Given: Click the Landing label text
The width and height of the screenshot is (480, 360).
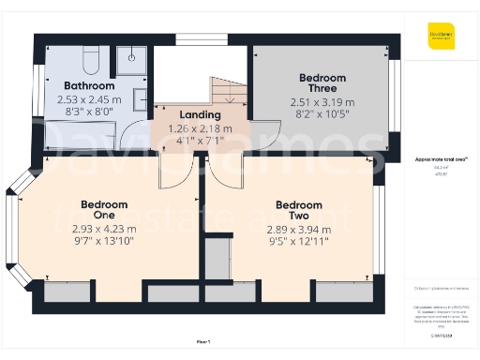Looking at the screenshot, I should pos(201,115).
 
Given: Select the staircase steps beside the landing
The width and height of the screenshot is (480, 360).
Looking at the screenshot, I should pos(227,94).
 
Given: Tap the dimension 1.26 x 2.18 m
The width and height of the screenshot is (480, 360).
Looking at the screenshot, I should pos(201,128).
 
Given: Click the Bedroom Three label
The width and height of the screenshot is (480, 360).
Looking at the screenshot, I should pos(322,83).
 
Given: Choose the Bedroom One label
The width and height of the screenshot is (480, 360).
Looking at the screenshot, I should pos(103,209).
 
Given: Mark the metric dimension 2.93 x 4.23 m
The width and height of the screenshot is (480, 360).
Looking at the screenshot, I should pos(103,229).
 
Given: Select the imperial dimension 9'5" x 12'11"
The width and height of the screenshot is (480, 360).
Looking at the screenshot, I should pos(298,240).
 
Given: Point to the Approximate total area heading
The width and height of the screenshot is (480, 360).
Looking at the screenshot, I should pos(441,160).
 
